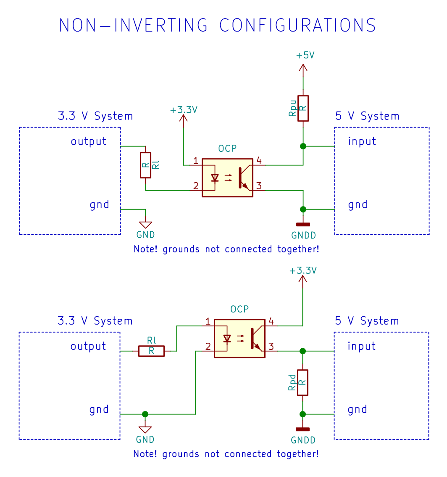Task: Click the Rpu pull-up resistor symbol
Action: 303,109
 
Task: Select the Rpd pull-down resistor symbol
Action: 302,382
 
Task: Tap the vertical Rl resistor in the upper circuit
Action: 145,165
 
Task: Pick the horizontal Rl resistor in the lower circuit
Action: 151,351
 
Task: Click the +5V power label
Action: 305,56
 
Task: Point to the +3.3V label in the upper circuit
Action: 184,110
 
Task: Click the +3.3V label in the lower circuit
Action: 303,270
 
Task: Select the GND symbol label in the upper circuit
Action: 145,235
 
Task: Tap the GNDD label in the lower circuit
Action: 303,440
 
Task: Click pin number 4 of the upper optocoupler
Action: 259,161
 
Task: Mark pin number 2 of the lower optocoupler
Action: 208,347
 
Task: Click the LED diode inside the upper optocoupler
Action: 215,178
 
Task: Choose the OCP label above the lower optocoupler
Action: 239,309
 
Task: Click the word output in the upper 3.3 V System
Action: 89,141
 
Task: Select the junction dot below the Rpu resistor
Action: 303,146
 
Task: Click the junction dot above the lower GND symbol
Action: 145,414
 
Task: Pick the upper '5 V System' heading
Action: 367,116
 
